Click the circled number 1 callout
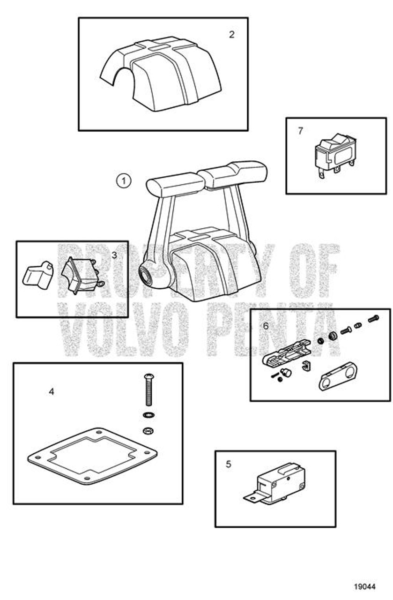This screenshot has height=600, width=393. (x=124, y=180)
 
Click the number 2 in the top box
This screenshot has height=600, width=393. (x=232, y=34)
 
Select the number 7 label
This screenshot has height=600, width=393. (x=300, y=131)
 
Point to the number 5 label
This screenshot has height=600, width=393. (x=229, y=464)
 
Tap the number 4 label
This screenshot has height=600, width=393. (x=52, y=391)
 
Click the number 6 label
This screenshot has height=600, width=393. (x=266, y=325)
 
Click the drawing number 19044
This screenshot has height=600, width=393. (x=365, y=586)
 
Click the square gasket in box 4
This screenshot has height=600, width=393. (x=92, y=455)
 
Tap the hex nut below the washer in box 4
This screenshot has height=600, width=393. (x=148, y=430)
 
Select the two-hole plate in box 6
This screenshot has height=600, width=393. (x=338, y=377)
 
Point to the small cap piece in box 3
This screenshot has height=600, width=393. (x=38, y=275)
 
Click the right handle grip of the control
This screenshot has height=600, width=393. (x=233, y=173)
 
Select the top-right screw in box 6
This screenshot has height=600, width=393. (x=373, y=319)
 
